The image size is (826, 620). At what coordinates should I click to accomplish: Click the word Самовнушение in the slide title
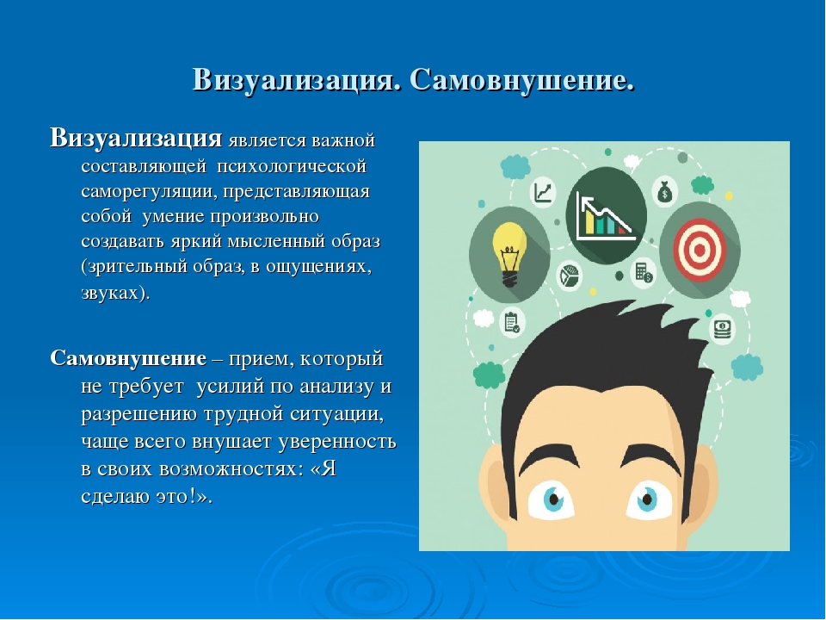(x=521, y=81)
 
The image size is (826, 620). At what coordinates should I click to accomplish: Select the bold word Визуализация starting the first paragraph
(x=136, y=139)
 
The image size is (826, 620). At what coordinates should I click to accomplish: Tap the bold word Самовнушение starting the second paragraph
(x=128, y=358)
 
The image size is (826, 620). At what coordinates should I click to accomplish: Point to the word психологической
(x=292, y=166)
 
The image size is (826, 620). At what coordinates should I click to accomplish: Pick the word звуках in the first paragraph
(x=112, y=292)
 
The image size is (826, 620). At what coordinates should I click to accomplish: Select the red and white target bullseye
(x=700, y=250)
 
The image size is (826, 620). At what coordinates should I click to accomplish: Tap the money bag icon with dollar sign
(x=665, y=192)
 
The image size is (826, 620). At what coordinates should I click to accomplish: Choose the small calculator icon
(x=644, y=272)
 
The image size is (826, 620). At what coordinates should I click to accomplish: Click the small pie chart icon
(x=569, y=276)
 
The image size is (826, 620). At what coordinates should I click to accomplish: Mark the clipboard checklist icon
(x=511, y=322)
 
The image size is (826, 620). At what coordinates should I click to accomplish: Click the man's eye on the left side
(x=551, y=499)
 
